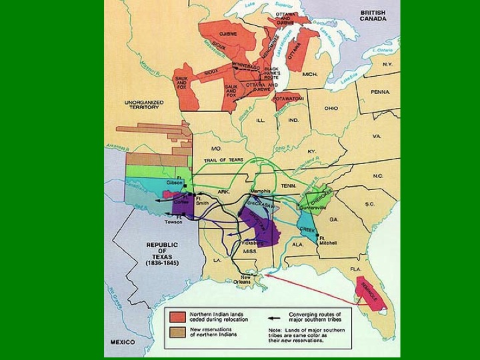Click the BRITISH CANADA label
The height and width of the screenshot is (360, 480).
[x=373, y=15]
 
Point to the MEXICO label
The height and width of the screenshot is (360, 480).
[x=123, y=342]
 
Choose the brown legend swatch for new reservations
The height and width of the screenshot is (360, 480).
[x=177, y=331]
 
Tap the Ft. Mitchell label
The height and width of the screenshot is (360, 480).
[x=327, y=241]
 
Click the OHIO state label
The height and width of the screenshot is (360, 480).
[x=331, y=108]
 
